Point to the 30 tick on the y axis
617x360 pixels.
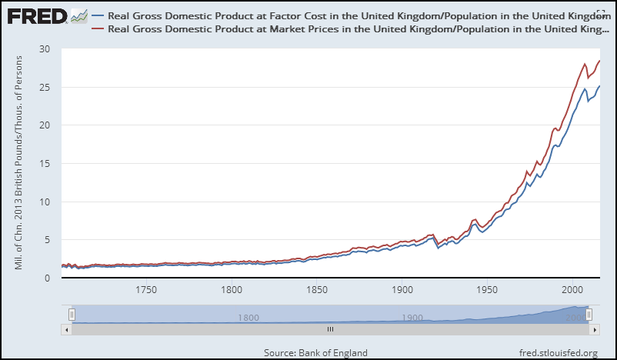[x=45, y=48]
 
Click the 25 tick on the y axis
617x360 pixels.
[x=45, y=87]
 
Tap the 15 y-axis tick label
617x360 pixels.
[x=45, y=164]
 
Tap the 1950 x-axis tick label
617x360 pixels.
[x=487, y=291]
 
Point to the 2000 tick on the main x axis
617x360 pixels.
[x=572, y=291]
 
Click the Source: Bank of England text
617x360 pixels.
[x=315, y=352]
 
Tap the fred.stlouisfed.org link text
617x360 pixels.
[x=559, y=352]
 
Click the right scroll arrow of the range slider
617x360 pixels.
[x=595, y=329]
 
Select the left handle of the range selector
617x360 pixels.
[x=72, y=314]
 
